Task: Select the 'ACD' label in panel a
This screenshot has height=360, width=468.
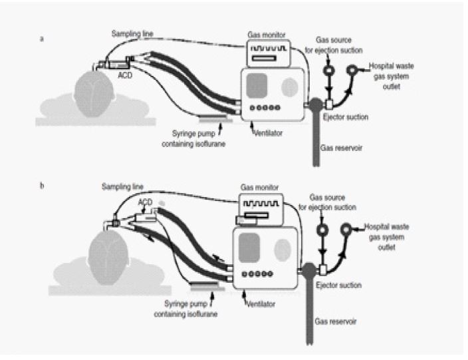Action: point(124,75)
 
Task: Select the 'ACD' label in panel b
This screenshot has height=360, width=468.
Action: point(144,199)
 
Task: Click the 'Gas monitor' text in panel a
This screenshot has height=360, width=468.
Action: point(268,33)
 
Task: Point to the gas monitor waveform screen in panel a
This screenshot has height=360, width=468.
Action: point(266,49)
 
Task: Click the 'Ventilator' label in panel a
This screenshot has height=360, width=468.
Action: point(270,133)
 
